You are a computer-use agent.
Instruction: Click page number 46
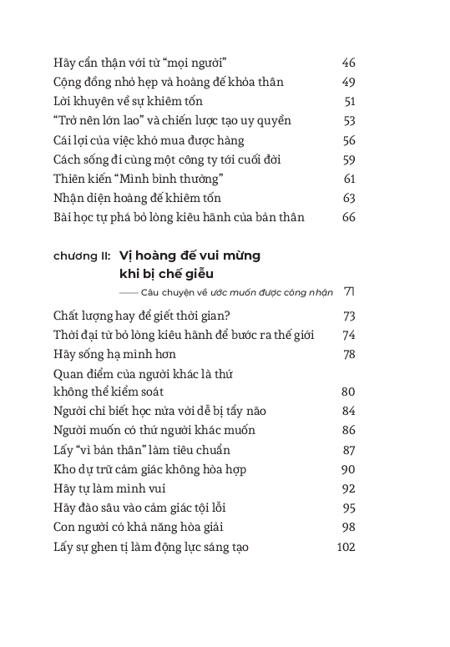click(349, 63)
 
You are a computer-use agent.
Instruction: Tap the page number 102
click(346, 548)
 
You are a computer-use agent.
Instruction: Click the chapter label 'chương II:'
click(80, 256)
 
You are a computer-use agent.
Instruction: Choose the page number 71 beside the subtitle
click(350, 291)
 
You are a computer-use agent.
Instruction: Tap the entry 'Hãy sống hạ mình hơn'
click(114, 354)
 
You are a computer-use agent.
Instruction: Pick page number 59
click(349, 159)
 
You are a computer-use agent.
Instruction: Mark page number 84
click(349, 411)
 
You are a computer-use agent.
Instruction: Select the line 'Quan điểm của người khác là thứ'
click(146, 374)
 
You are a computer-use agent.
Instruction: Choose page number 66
click(349, 217)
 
